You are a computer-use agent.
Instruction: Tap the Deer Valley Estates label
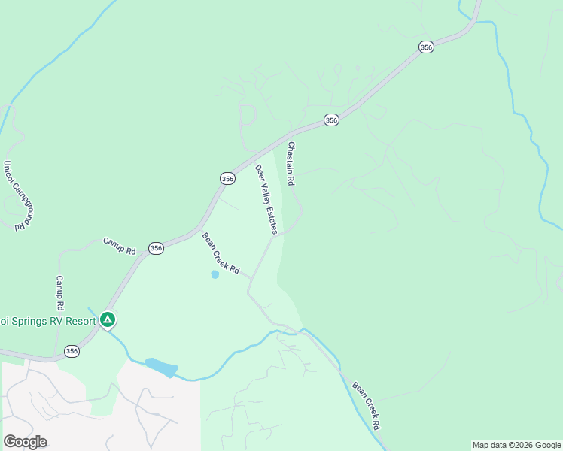pos(266,199)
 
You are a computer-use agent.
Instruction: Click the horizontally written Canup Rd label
pos(119,246)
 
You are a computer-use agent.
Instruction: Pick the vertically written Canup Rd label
pos(59,293)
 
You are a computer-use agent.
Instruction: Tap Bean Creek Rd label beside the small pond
pos(221,253)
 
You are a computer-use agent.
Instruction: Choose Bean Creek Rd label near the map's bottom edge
pos(367,405)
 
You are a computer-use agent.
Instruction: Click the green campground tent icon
pos(108,320)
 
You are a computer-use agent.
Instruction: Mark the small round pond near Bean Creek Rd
pos(215,274)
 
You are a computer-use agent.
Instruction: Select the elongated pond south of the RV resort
pos(161,368)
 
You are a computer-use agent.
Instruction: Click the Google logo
pos(25,441)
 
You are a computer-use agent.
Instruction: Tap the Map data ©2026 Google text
pos(516,445)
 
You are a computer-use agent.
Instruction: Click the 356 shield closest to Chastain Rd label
pos(331,120)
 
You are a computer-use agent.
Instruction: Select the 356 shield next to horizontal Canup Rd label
pos(156,248)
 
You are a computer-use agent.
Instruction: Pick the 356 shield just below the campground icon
pos(72,351)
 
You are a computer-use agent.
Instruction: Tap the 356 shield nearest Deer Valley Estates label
pos(227,178)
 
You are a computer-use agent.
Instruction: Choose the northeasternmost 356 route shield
pos(426,47)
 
